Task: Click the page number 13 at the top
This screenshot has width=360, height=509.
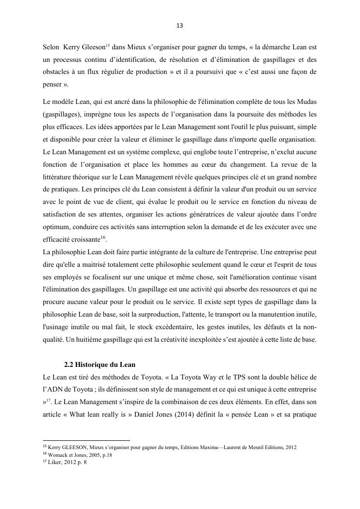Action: [x=180, y=25]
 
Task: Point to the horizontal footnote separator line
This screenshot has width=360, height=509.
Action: [x=86, y=440]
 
